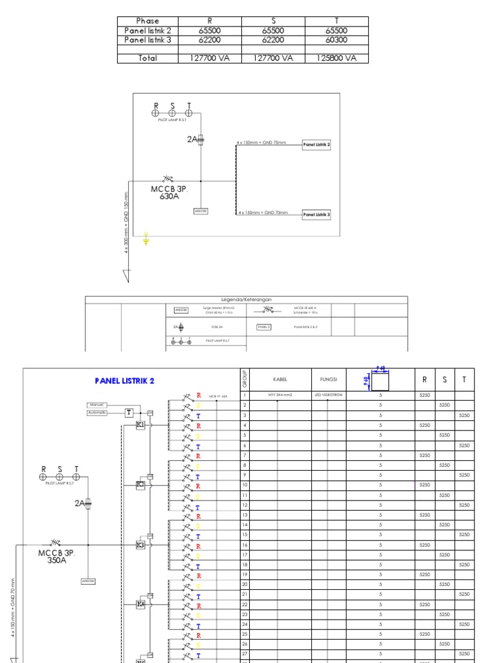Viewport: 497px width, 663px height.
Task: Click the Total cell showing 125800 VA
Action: click(337, 58)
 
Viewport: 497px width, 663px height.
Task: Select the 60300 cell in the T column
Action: click(337, 39)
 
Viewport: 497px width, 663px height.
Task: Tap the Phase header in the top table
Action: click(148, 21)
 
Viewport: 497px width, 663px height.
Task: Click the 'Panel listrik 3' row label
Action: click(148, 39)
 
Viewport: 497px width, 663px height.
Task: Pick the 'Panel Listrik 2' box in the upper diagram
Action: click(317, 145)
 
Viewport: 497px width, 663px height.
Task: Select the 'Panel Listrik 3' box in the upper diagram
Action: click(317, 214)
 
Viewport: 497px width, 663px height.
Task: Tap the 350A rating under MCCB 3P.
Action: click(56, 561)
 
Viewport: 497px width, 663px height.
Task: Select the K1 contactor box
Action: click(140, 425)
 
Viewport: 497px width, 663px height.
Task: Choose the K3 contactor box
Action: click(140, 545)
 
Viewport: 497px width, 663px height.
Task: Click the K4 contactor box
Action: click(140, 604)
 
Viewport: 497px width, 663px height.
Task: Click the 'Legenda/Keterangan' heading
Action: click(247, 300)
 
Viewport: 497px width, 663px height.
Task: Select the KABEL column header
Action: click(280, 379)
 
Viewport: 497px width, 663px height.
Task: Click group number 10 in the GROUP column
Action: click(245, 485)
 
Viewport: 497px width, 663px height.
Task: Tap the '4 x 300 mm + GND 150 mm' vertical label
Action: click(127, 221)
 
